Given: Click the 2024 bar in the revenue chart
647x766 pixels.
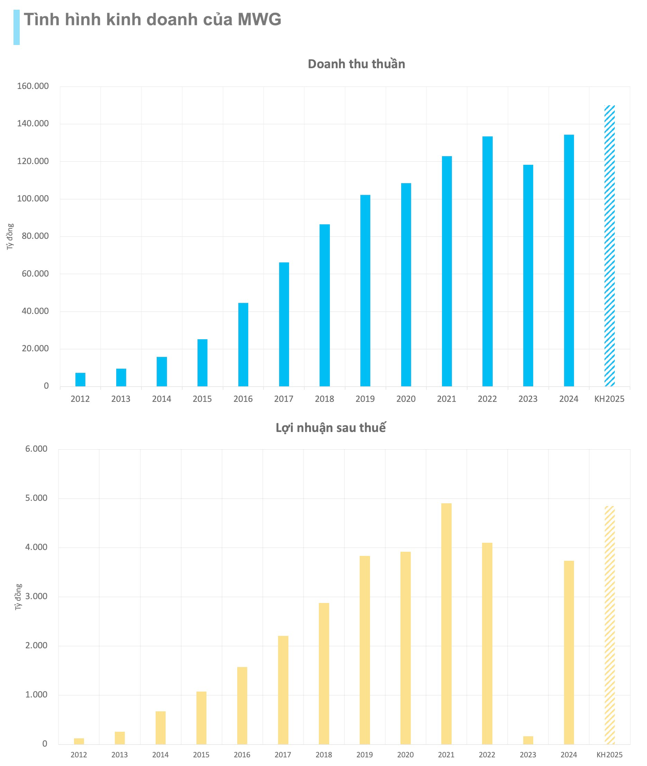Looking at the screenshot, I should [x=569, y=260].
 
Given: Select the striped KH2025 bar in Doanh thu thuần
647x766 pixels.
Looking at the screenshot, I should [x=609, y=245].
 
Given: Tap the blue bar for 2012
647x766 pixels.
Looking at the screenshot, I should [x=80, y=379].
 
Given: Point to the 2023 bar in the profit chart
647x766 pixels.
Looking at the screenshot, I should [x=528, y=740].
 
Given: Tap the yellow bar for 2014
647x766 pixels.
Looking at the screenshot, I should [x=160, y=728].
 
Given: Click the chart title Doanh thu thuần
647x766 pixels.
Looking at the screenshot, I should [x=356, y=64].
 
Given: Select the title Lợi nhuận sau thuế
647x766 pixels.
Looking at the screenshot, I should [x=331, y=427].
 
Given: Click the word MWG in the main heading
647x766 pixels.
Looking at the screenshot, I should [x=259, y=19].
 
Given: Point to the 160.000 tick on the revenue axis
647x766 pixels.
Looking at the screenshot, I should [x=33, y=86].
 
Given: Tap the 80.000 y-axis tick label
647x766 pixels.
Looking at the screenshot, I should [x=35, y=236].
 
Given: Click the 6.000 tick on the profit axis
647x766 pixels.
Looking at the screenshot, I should [x=36, y=449].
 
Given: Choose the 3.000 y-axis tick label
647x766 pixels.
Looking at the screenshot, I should [x=36, y=596].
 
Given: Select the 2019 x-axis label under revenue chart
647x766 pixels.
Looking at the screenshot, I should [x=365, y=399].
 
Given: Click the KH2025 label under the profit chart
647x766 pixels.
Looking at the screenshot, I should [x=609, y=755].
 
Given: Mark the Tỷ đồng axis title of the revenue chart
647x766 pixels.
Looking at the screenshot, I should [x=10, y=237].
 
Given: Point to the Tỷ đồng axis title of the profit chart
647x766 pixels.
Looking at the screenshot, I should [x=18, y=597].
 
